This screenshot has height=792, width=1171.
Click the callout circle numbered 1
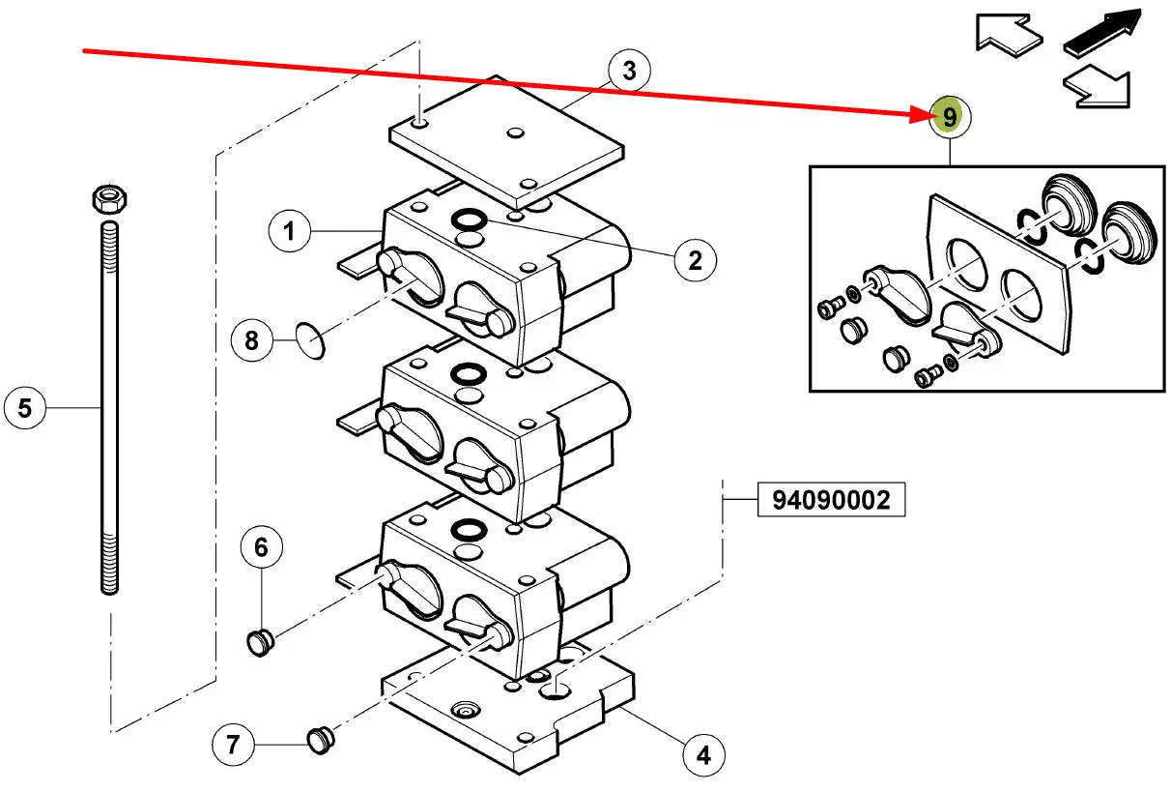point(289,231)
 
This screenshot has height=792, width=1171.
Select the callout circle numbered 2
point(695,260)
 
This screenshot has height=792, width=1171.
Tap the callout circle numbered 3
point(629,71)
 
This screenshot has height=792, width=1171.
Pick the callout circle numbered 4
point(703,755)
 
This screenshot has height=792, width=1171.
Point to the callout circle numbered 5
point(24,408)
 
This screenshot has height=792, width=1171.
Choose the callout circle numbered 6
point(262,547)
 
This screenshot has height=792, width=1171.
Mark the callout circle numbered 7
point(233,744)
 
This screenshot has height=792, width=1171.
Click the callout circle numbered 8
point(251,340)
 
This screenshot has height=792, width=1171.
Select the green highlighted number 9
point(949,116)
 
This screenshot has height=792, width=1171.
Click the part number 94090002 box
point(831,500)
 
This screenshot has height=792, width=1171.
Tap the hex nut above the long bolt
point(109,199)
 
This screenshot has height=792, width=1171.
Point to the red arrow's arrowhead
point(919,113)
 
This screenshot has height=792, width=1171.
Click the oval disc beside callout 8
point(310,341)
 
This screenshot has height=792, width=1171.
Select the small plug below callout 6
point(260,643)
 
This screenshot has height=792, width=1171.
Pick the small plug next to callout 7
point(320,740)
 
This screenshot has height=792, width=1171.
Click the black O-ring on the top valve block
point(469,220)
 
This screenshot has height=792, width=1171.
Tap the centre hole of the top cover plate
point(515,132)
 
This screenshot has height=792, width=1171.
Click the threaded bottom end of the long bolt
point(109,564)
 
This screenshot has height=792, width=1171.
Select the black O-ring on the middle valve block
point(469,374)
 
